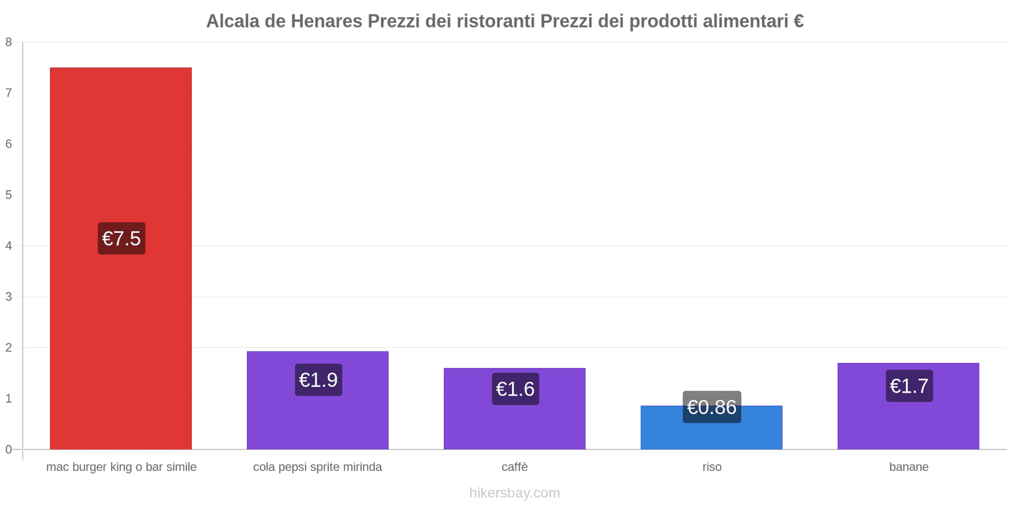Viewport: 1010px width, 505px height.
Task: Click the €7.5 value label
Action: [x=121, y=239]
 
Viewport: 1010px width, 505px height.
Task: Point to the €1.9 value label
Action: [x=318, y=380]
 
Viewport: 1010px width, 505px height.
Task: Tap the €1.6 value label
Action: [x=515, y=389]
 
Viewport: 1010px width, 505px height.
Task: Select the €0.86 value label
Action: [x=711, y=407]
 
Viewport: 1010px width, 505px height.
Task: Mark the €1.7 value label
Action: [x=909, y=386]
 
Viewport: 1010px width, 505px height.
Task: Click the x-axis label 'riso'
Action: [x=711, y=467]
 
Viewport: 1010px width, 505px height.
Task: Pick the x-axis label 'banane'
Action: [x=908, y=467]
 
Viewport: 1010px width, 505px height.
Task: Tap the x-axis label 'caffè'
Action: [x=514, y=467]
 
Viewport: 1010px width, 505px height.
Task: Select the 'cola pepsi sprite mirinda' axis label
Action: [x=318, y=467]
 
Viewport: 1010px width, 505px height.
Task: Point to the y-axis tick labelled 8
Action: [x=9, y=42]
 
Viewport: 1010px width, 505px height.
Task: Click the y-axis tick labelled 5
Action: [x=9, y=195]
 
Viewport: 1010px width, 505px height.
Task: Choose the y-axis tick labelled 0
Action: [x=9, y=449]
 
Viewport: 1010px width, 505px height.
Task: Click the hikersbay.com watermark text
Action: [x=514, y=493]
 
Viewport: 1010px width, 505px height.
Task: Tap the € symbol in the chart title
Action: [x=799, y=21]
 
